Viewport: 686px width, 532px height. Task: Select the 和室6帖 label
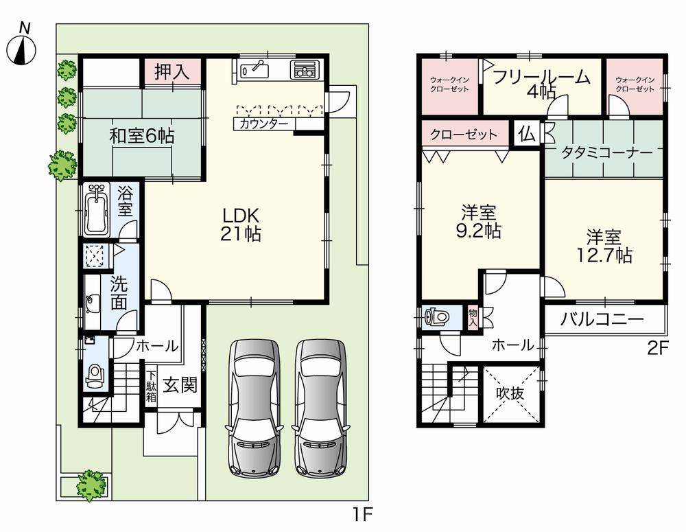tap(142, 136)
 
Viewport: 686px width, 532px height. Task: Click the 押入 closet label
tap(171, 71)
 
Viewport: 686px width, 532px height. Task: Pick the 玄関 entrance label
tap(181, 384)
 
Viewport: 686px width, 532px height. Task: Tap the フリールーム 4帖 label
tap(541, 84)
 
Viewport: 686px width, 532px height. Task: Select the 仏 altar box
tap(528, 132)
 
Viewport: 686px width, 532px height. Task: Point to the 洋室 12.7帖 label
tap(604, 246)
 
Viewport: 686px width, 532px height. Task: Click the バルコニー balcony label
tap(602, 319)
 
